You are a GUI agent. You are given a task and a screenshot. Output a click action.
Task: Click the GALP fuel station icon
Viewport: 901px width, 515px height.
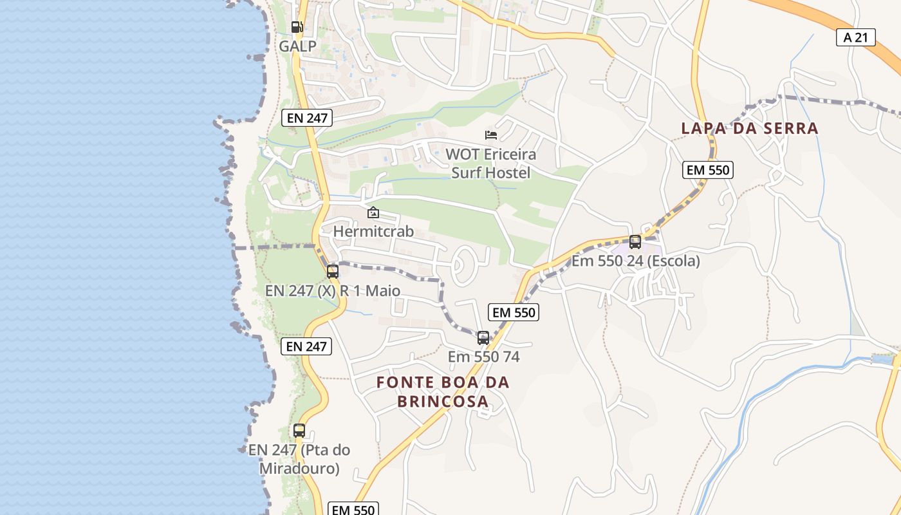pyautogui.click(x=296, y=27)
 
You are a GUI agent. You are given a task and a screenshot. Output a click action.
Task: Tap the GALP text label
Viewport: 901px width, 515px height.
pyautogui.click(x=298, y=46)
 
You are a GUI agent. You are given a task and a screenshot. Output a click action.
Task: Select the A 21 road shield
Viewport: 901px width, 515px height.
pyautogui.click(x=856, y=37)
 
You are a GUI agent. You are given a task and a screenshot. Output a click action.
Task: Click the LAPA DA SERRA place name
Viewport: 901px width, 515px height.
pyautogui.click(x=750, y=128)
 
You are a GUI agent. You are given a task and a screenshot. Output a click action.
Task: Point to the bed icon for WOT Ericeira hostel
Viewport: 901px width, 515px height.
pyautogui.click(x=491, y=135)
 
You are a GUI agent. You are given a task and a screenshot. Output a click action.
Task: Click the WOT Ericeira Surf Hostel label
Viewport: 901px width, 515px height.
pyautogui.click(x=491, y=164)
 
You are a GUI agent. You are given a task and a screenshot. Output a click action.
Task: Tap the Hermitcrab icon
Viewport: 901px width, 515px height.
pyautogui.click(x=373, y=212)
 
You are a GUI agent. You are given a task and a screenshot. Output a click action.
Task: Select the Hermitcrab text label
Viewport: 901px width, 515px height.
pyautogui.click(x=373, y=231)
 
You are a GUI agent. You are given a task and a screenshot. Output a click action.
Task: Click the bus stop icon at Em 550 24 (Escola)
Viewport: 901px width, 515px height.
pyautogui.click(x=635, y=242)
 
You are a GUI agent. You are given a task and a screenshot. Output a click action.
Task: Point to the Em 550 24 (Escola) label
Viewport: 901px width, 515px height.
pyautogui.click(x=636, y=261)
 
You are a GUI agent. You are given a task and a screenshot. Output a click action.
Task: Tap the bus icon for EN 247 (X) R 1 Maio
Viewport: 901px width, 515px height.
pyautogui.click(x=333, y=272)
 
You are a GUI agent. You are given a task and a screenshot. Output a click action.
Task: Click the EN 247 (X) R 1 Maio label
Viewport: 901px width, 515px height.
pyautogui.click(x=333, y=291)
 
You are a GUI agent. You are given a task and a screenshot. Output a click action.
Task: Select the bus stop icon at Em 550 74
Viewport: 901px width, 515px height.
pyautogui.click(x=483, y=337)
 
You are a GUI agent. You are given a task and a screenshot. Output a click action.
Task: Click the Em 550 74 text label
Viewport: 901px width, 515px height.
pyautogui.click(x=483, y=357)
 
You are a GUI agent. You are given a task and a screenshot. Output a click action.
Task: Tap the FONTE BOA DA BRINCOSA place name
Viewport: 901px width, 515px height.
pyautogui.click(x=443, y=391)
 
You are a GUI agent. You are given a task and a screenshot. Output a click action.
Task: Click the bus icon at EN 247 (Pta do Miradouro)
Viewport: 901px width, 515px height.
pyautogui.click(x=299, y=431)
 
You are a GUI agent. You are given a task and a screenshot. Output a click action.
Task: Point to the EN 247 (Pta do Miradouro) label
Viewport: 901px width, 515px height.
pyautogui.click(x=299, y=458)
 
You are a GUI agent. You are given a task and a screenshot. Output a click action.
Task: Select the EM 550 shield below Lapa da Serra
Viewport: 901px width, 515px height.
pyautogui.click(x=708, y=170)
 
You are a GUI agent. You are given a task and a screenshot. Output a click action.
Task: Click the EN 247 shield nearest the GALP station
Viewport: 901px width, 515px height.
pyautogui.click(x=306, y=118)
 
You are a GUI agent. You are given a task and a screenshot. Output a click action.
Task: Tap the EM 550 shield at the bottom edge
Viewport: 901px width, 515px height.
pyautogui.click(x=353, y=509)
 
